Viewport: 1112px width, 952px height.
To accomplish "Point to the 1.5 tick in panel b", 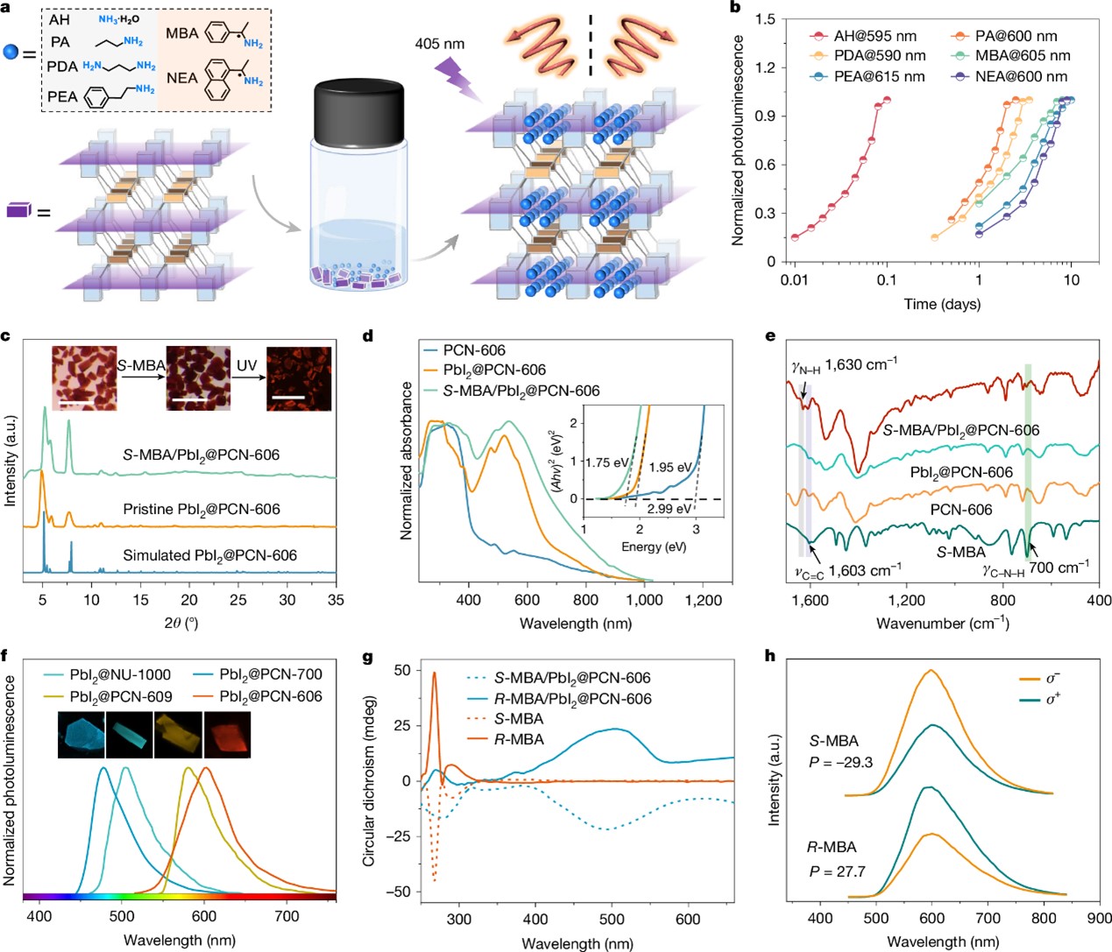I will click(765, 19).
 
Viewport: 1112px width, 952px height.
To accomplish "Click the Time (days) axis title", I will click(942, 304).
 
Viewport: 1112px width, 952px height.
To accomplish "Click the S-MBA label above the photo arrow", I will click(141, 365).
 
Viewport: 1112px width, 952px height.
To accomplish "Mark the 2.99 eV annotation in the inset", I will click(669, 509).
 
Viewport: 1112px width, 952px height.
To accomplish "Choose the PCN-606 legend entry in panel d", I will click(474, 350).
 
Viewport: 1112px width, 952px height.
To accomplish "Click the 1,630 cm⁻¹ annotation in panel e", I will click(861, 364).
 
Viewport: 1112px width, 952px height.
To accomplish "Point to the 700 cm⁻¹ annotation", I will click(1059, 568).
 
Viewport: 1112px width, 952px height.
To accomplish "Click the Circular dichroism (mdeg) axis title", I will click(369, 781).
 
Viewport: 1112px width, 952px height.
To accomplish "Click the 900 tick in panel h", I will click(1099, 919).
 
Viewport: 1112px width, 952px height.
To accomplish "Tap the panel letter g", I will click(368, 656).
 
